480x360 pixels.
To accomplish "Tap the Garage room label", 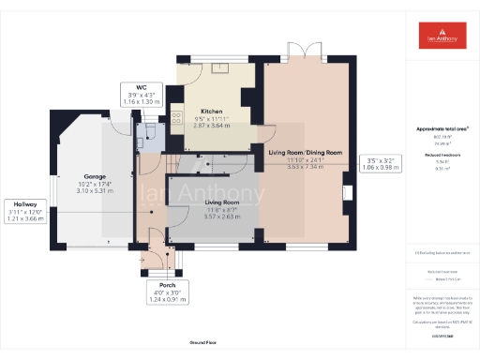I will (95, 176).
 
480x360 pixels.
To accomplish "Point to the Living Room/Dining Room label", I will (305, 152).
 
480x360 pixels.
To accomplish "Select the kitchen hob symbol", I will (176, 119).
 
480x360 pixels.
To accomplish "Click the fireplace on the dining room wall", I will (348, 194).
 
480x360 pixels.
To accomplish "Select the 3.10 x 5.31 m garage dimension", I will (95, 190).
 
